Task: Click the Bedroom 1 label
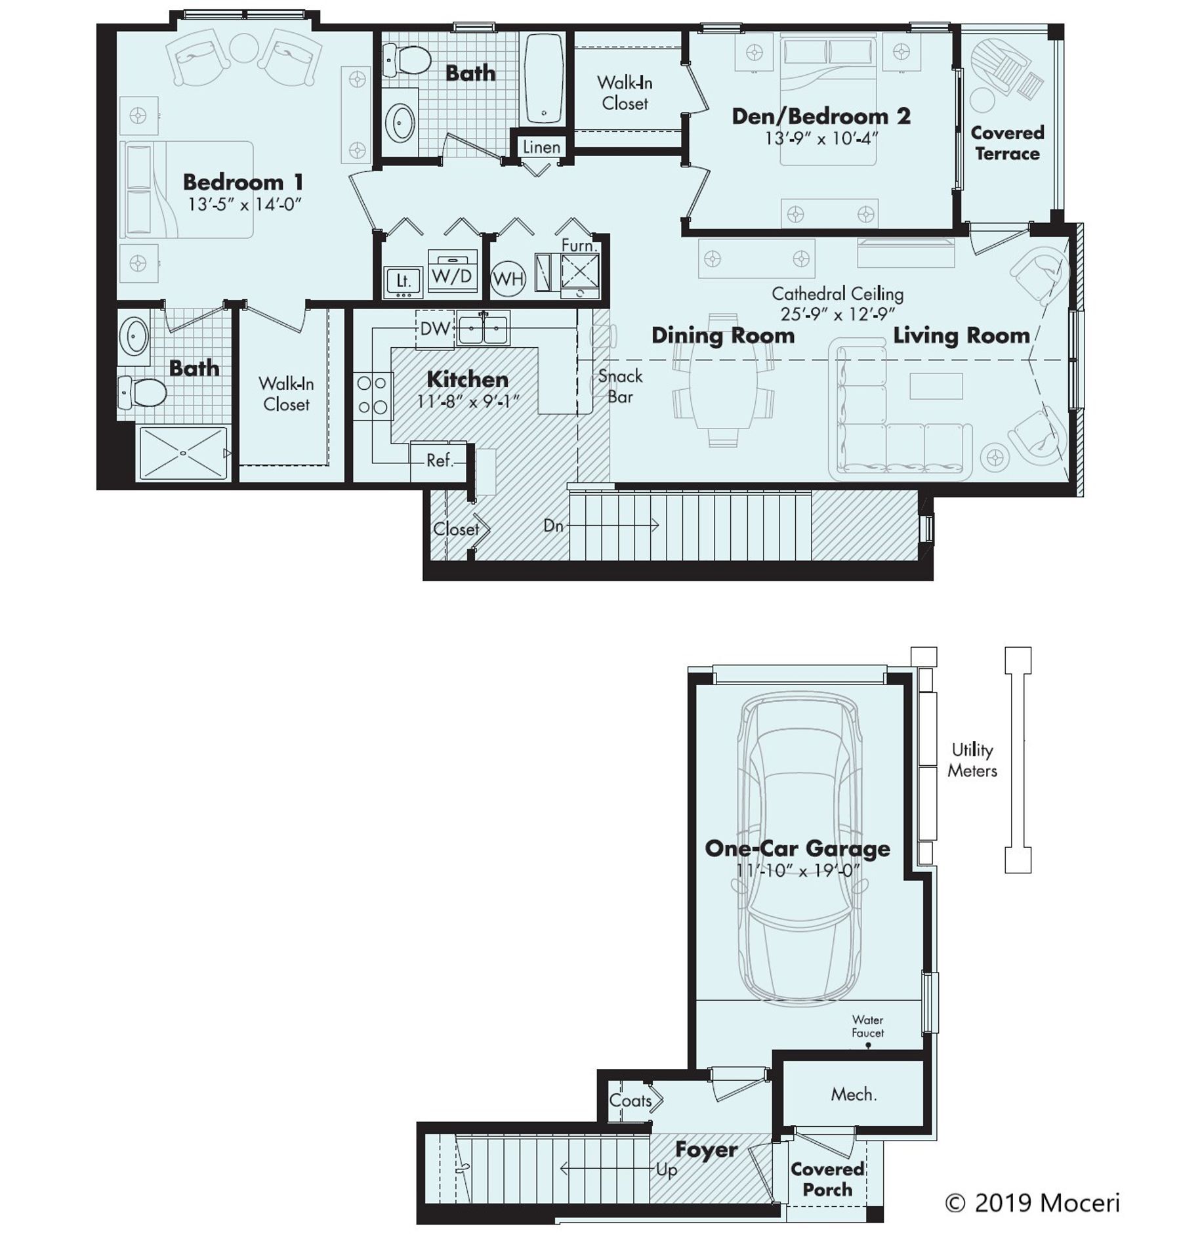tap(243, 182)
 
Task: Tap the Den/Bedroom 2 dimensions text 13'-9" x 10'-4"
tap(821, 138)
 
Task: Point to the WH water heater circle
tap(508, 279)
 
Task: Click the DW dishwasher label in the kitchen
tap(434, 328)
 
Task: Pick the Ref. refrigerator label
tap(440, 460)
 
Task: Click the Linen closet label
tap(541, 147)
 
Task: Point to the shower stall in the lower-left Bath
tap(183, 453)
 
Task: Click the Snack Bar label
tap(619, 386)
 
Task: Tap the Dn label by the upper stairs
tap(553, 525)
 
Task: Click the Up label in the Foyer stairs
tap(666, 1170)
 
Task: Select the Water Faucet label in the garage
tap(867, 1026)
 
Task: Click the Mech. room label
tap(854, 1094)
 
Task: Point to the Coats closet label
tap(630, 1101)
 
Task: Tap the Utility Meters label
tap(972, 760)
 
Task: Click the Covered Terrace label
tap(1007, 142)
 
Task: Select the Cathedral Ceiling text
tap(837, 293)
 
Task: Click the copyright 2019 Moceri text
tap(1032, 1203)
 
